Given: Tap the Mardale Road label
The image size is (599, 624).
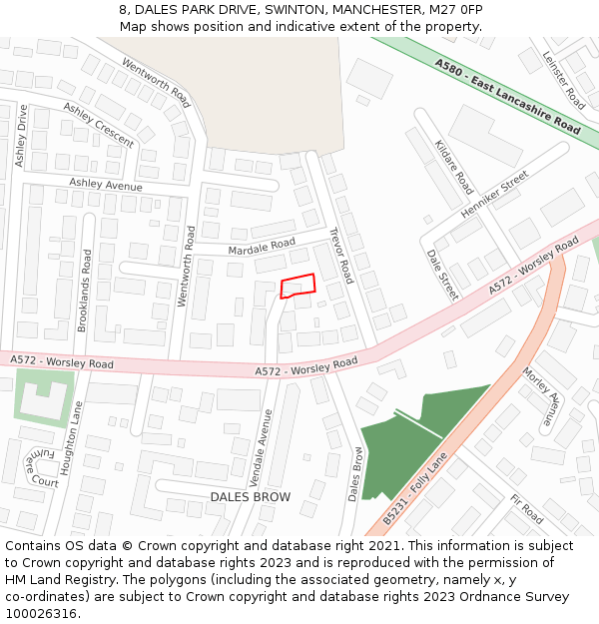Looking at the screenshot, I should click(x=263, y=244).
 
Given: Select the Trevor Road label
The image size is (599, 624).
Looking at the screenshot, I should click(x=341, y=255).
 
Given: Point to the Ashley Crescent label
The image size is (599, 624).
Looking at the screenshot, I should click(x=98, y=125).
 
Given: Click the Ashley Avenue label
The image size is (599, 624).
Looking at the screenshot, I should click(x=105, y=185).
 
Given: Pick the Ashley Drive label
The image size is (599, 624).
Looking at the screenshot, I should click(x=21, y=136).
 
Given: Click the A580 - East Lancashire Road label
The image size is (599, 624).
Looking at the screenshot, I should click(x=507, y=96).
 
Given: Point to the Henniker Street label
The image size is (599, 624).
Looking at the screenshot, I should click(x=494, y=196).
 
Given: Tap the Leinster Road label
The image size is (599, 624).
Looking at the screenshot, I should click(x=563, y=80).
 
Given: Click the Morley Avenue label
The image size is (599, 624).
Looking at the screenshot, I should click(x=542, y=398).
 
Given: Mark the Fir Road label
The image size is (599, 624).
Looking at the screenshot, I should click(x=525, y=509).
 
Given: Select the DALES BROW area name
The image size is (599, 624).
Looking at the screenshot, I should click(x=250, y=496).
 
